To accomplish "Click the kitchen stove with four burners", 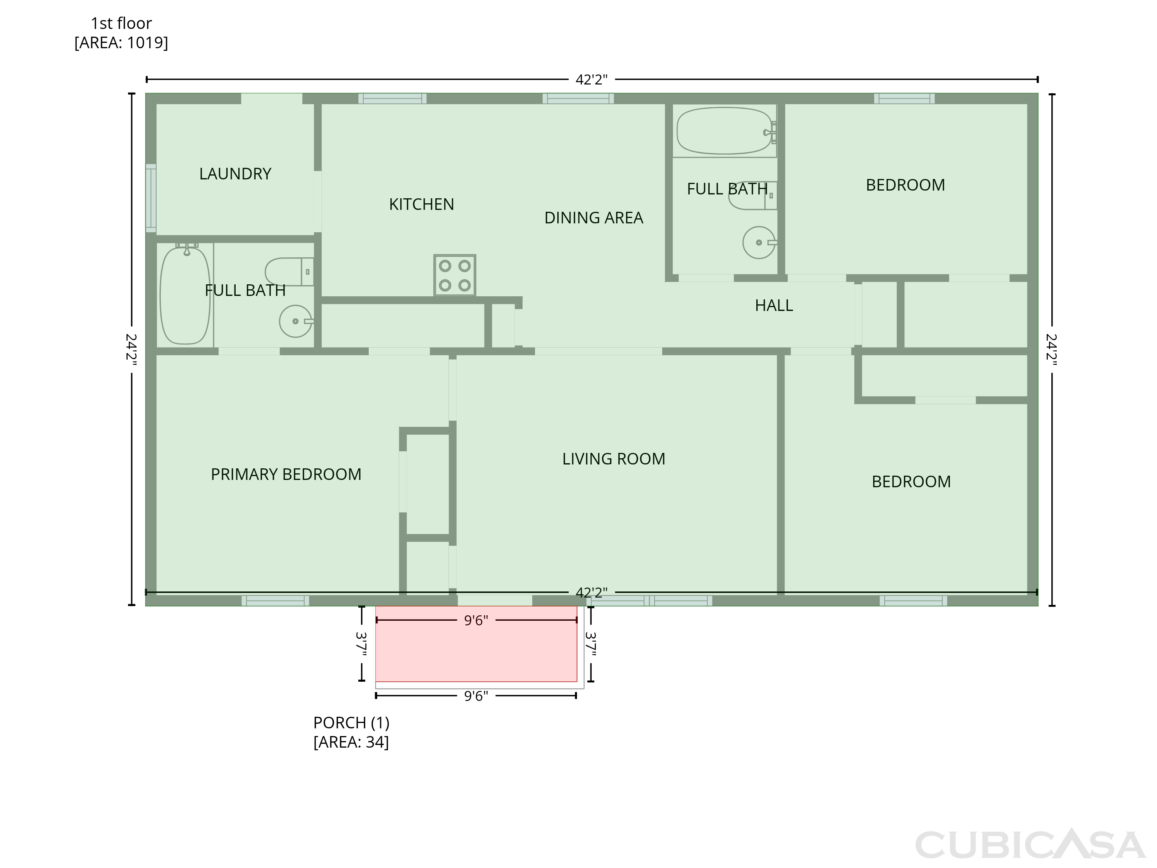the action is [455, 275].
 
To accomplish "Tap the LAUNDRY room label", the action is [235, 174].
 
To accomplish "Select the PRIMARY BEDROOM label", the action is [286, 474].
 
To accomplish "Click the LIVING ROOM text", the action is [614, 459].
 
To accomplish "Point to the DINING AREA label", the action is [594, 218].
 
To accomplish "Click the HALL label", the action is [774, 306].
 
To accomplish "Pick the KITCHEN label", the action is [422, 204].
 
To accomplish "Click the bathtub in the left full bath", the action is [185, 296].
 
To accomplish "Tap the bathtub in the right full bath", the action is [724, 131].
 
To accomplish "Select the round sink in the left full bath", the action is [295, 321].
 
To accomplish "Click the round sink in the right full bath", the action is [759, 243].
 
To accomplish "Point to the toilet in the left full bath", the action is [289, 272].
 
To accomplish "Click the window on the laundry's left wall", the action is [151, 198].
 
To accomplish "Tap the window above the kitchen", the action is [392, 98].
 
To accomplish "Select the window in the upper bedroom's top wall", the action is [904, 98].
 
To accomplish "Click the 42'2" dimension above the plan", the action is [592, 79].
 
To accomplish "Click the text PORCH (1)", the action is [351, 723].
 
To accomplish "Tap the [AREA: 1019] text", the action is [121, 42].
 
